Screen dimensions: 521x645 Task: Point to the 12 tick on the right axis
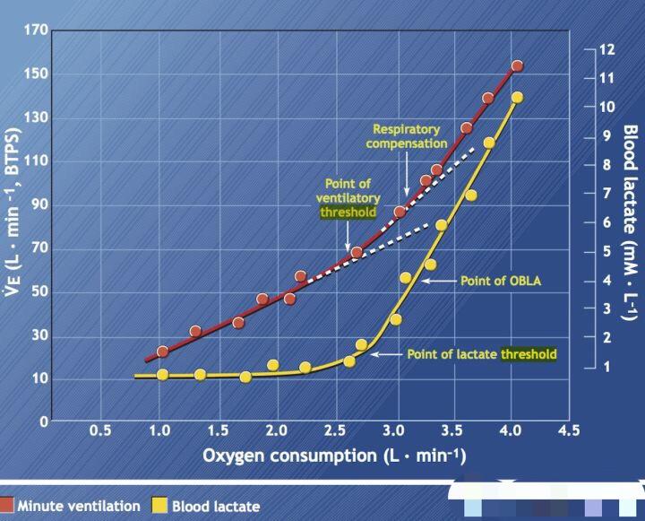607,49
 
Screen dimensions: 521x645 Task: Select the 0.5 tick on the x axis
100,430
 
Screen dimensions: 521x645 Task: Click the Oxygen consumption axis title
334,456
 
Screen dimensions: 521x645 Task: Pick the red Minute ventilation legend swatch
7,506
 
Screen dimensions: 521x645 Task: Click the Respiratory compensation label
409,135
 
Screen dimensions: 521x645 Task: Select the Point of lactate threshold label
481,354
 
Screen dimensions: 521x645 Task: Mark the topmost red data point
517,65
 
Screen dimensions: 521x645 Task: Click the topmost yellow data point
517,98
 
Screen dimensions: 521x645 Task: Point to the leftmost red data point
162,352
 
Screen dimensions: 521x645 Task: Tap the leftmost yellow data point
162,374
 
